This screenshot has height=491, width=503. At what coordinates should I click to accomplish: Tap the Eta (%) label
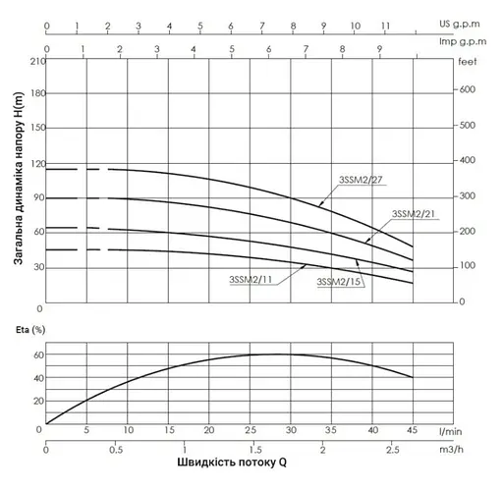[x=20, y=331]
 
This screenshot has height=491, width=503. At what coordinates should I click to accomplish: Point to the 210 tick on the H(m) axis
[x=37, y=61]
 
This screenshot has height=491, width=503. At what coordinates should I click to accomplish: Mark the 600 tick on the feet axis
[x=467, y=90]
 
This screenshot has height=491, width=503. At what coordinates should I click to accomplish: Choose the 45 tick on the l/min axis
[x=413, y=431]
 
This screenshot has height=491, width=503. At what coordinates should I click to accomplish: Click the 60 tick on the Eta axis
[x=37, y=355]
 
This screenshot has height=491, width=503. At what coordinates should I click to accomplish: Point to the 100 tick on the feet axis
[x=467, y=266]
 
